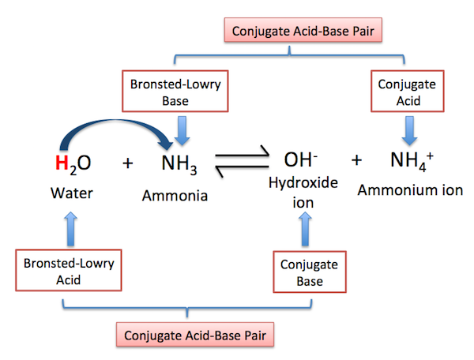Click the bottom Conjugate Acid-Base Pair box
194,336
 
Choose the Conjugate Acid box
405,89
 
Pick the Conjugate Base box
308,271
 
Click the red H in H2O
60,163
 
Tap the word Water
72,192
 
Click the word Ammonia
175,194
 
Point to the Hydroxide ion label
306,192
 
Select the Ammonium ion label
410,189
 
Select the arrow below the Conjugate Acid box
407,128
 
